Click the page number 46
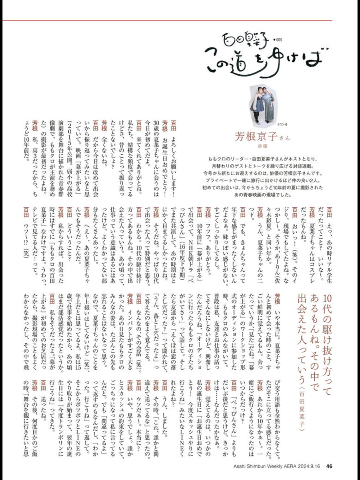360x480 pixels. click(x=329, y=465)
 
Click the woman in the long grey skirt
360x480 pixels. click(x=269, y=105)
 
